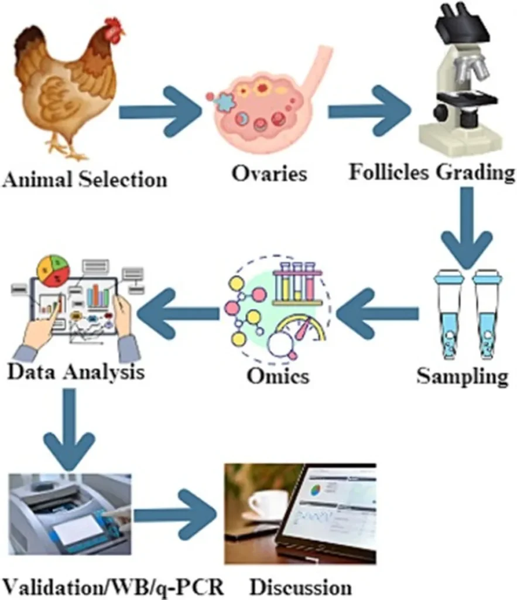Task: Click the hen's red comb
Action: [x=113, y=28]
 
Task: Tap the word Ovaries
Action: [x=269, y=173]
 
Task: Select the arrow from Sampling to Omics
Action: [x=378, y=314]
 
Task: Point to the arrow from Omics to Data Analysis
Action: [x=179, y=314]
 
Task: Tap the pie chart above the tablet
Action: [x=53, y=271]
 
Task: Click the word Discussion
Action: [x=301, y=587]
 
